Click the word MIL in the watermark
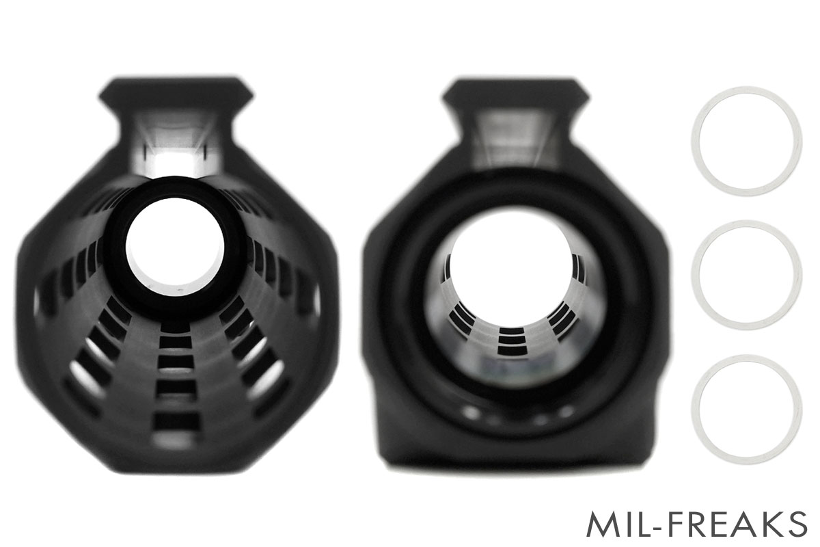tap(614, 524)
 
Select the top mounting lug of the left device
tap(176, 91)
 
